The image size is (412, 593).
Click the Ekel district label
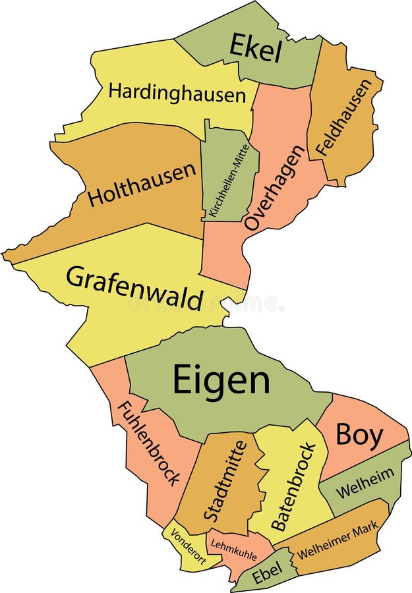tap(255, 48)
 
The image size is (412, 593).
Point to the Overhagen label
tap(275, 188)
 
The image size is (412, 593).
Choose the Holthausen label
tap(142, 184)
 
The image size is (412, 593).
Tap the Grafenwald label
tap(134, 288)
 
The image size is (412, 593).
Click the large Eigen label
tap(221, 380)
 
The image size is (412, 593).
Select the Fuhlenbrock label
tap(149, 443)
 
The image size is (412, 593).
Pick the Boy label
tap(359, 436)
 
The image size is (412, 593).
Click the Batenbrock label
tap(293, 486)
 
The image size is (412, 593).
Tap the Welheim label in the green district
tap(365, 483)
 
